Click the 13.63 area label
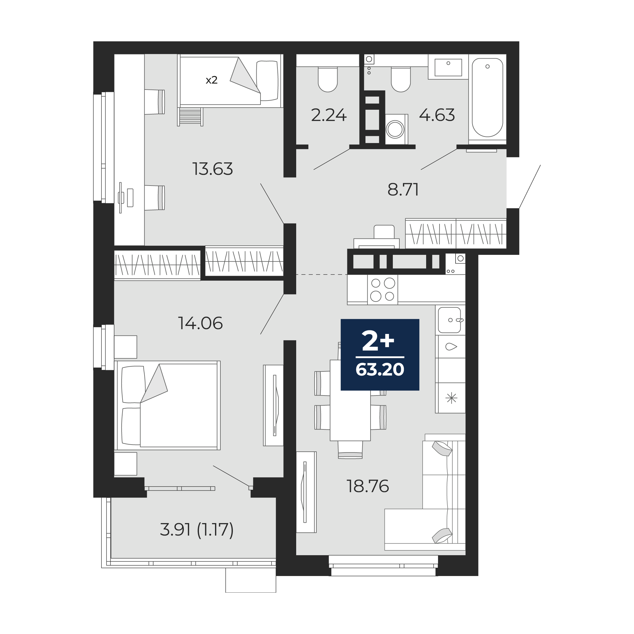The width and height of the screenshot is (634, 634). (x=213, y=169)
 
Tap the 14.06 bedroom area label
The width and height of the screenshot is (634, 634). (x=200, y=323)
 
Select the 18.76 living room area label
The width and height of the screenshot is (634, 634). (x=368, y=486)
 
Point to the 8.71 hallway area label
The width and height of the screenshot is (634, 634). (x=403, y=190)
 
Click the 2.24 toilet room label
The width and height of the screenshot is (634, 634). (x=329, y=115)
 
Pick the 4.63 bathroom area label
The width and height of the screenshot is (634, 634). (x=437, y=115)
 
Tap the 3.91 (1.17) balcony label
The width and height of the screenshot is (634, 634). (x=197, y=530)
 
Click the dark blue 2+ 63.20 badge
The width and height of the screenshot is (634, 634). (x=380, y=355)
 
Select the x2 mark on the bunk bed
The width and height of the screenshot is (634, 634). (x=212, y=80)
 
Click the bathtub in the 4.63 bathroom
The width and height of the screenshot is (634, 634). (x=487, y=98)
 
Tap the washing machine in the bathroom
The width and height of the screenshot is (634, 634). (x=395, y=129)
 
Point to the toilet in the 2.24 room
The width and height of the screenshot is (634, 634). (x=328, y=79)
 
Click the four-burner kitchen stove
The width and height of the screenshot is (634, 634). (x=383, y=289)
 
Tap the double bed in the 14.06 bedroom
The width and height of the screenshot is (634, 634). (x=167, y=405)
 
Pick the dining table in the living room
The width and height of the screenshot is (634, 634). (x=350, y=400)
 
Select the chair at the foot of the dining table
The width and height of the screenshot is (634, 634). (x=350, y=450)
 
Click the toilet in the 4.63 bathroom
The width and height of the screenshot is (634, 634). (x=401, y=79)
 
